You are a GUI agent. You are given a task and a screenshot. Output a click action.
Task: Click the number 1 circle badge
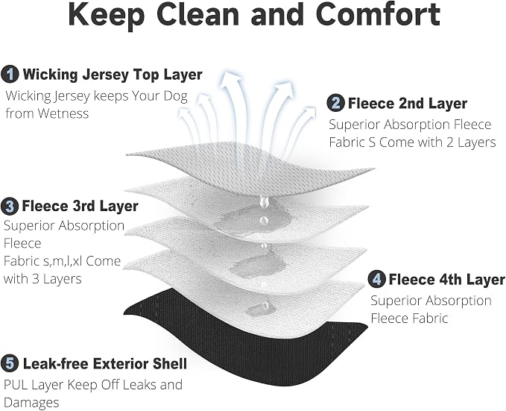(10, 75)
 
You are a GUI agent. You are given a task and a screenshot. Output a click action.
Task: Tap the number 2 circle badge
(335, 104)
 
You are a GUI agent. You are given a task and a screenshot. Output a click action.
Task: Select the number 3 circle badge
(10, 207)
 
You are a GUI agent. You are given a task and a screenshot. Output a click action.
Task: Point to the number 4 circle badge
(376, 280)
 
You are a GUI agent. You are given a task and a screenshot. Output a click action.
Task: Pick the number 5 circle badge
(10, 364)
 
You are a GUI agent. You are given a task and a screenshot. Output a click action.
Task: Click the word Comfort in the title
(379, 14)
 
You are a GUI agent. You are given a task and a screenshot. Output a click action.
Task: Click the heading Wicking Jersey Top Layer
(113, 75)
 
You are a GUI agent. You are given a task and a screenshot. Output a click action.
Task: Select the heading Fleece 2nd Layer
(408, 104)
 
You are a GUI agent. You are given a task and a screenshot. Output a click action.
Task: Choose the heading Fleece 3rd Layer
(80, 206)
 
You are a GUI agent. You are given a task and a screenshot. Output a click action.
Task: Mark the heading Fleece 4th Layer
(447, 280)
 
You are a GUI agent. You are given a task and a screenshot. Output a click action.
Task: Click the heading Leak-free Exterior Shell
(105, 364)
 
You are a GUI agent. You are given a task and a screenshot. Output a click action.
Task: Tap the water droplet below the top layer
(264, 201)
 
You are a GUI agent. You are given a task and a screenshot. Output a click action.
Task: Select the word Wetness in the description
(63, 113)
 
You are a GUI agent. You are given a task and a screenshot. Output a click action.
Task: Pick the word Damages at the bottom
(31, 403)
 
